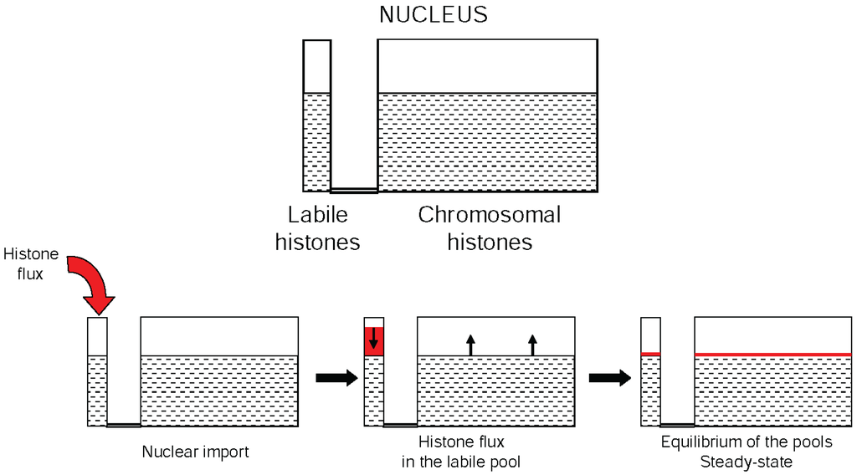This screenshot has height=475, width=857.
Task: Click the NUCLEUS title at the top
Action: click(x=433, y=15)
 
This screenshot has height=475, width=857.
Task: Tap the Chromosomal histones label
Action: click(x=490, y=228)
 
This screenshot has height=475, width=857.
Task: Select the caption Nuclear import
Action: click(x=196, y=452)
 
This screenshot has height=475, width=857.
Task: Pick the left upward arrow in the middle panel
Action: click(x=470, y=344)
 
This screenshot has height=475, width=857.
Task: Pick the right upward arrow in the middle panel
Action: click(x=532, y=344)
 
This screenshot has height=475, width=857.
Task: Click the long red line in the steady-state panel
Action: click(x=772, y=355)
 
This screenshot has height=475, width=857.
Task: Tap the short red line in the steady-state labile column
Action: click(x=650, y=355)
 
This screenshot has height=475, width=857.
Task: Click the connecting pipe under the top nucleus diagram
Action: click(x=354, y=191)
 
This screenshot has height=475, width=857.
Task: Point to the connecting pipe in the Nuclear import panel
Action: click(x=124, y=425)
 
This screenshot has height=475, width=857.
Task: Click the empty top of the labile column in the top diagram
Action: click(x=316, y=66)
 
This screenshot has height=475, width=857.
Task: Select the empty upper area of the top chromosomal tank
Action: click(x=488, y=66)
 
